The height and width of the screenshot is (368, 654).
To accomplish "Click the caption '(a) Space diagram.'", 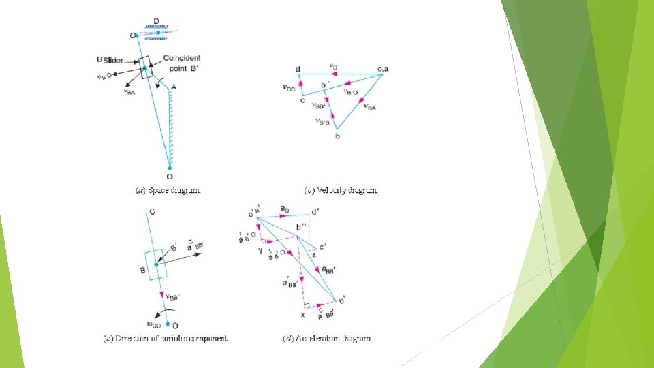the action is point(170,191).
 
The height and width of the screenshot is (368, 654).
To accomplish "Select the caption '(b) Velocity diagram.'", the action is point(341,191).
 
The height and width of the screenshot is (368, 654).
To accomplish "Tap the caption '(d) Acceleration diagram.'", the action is point(328,338).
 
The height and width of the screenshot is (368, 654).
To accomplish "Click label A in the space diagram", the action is point(174,87).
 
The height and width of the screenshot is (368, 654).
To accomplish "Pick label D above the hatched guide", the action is point(157,22).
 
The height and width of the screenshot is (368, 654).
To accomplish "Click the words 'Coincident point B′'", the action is point(182,63).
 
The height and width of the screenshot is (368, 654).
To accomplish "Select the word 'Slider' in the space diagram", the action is point(115,60).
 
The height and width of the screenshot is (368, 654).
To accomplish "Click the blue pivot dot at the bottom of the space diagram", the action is point(169,166).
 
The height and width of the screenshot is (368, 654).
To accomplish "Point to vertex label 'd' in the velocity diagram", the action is point(298,69).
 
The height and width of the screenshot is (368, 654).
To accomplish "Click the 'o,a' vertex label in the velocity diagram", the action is point(382,69).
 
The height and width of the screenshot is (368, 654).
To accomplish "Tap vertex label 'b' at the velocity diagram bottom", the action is point(337,137).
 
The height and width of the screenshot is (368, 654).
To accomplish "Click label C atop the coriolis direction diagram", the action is point(151,212).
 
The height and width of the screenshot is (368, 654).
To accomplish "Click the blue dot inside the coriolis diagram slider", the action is point(156,265).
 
